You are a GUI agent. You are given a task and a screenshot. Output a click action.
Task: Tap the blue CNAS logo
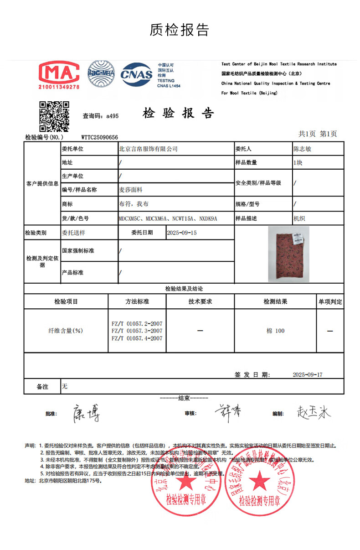pyautogui.click(x=136, y=74)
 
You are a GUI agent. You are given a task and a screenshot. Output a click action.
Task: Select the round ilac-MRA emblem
pyautogui.click(x=101, y=73)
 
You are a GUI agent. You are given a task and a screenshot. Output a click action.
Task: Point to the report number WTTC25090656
pyautogui.click(x=99, y=137)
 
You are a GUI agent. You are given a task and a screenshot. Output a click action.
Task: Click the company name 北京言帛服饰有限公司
pyautogui.click(x=148, y=149)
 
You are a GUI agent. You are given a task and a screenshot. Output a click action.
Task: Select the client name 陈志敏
pyautogui.click(x=302, y=149)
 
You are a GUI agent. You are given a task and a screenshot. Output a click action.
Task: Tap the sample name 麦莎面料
pyautogui.click(x=131, y=190)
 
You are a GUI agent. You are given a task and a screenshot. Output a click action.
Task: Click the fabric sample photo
pyautogui.click(x=288, y=254)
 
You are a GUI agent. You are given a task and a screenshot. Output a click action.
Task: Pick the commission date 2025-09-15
pyautogui.click(x=182, y=233)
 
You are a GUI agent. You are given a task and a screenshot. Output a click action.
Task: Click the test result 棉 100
pyautogui.click(x=275, y=331)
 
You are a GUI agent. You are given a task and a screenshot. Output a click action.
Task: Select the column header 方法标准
pyautogui.click(x=137, y=301)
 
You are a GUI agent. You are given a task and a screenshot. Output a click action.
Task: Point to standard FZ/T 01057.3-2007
pyautogui.click(x=137, y=331)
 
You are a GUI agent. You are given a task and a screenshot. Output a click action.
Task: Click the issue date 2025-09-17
pyautogui.click(x=307, y=374)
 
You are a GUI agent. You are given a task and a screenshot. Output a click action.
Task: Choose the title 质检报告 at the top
pyautogui.click(x=180, y=30)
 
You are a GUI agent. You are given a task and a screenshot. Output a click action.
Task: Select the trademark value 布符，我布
pyautogui.click(x=134, y=204)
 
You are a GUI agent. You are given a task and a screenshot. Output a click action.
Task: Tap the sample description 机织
pyautogui.click(x=299, y=218)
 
